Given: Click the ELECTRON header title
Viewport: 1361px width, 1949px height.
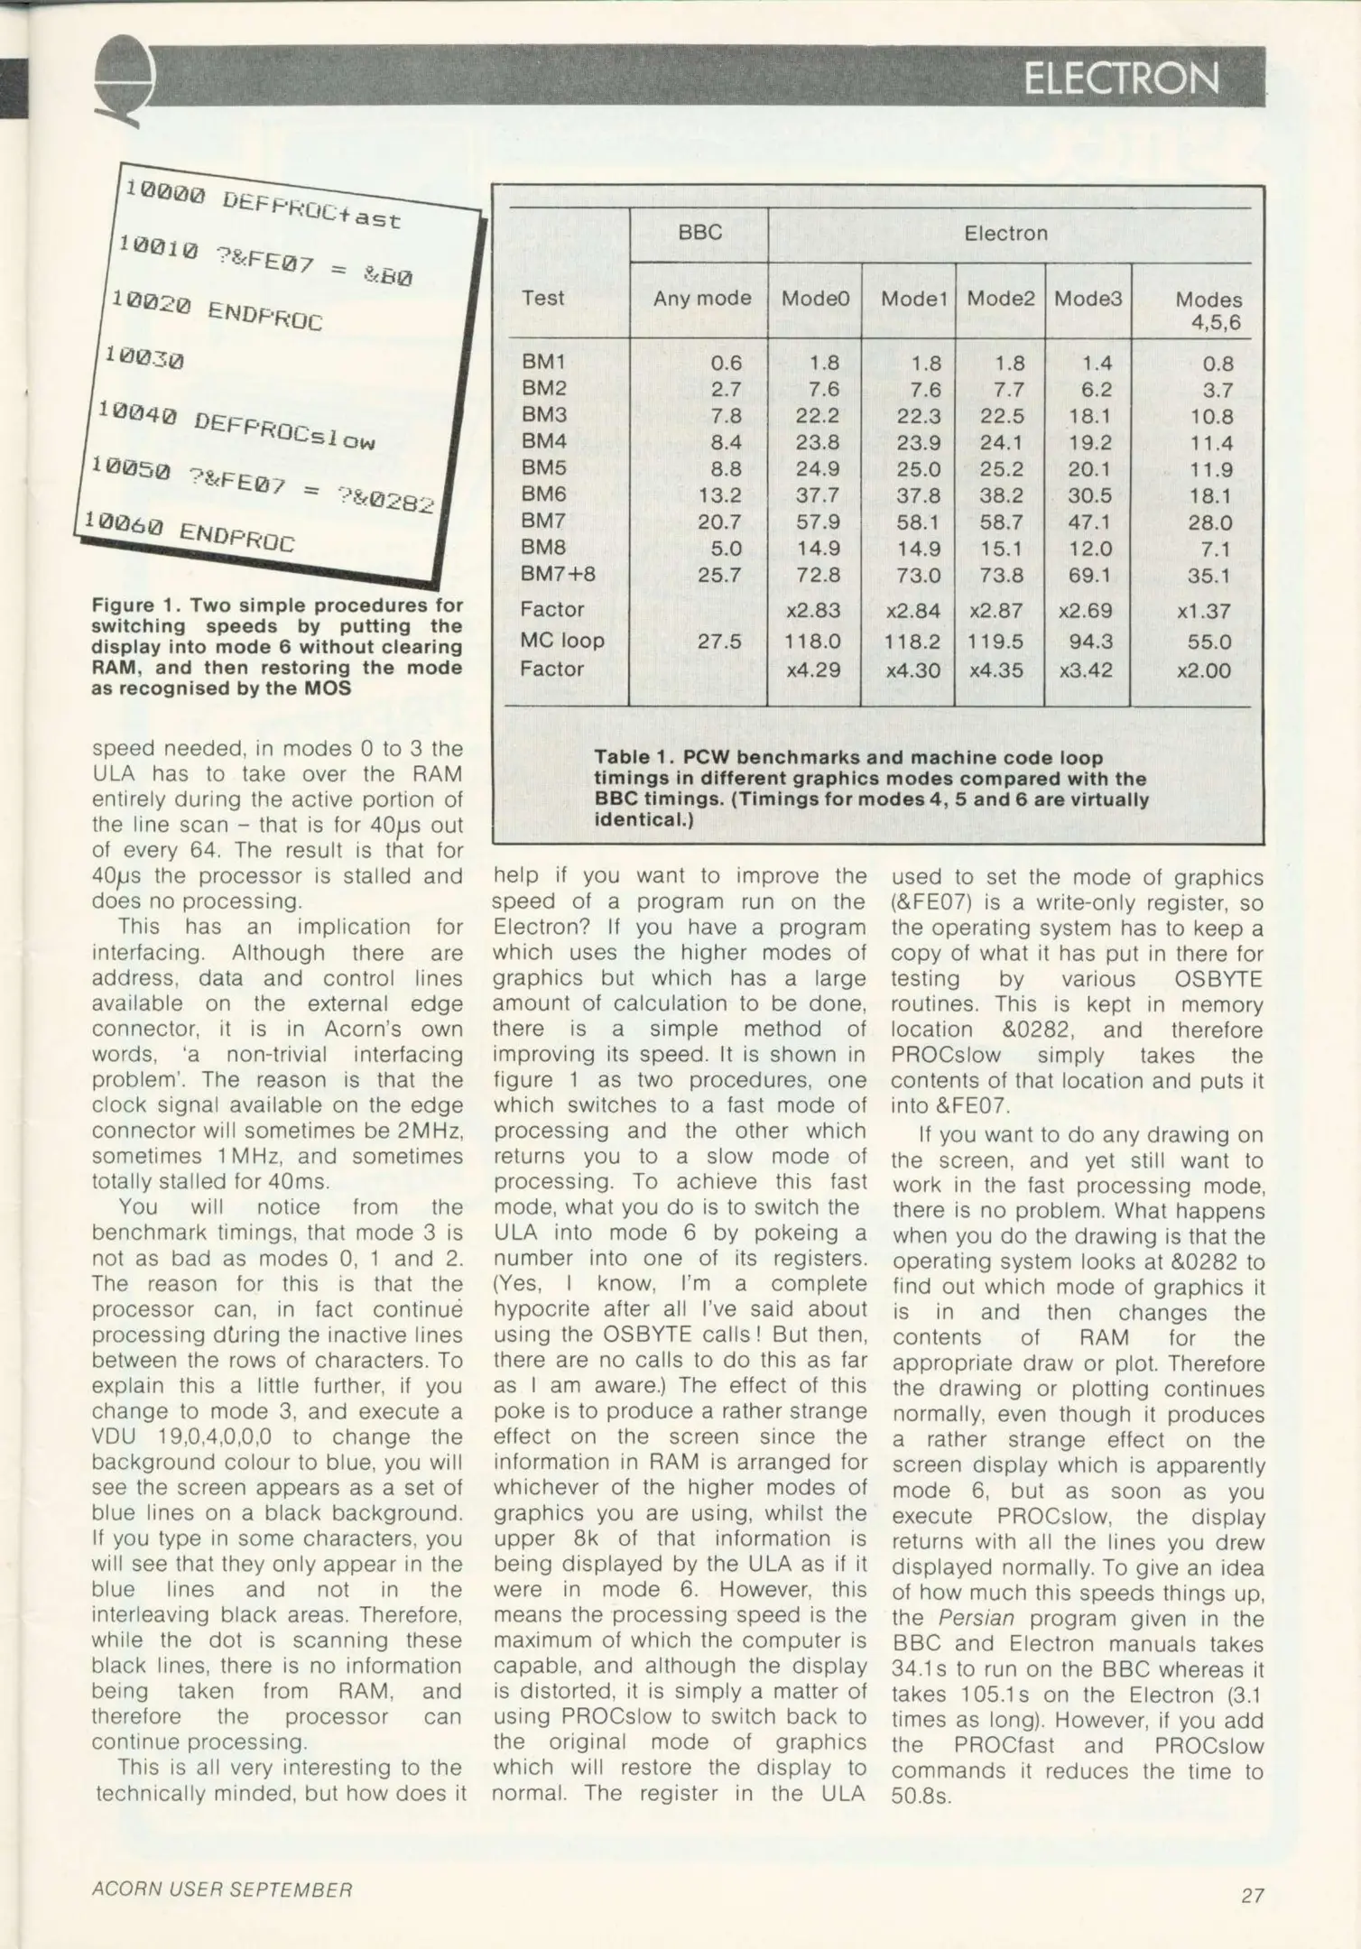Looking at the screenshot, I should tap(1121, 79).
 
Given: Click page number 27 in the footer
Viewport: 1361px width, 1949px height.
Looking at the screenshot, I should tap(1252, 1895).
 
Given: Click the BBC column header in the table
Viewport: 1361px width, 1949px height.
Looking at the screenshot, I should tap(699, 233).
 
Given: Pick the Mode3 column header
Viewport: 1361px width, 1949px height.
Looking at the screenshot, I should tap(1088, 298).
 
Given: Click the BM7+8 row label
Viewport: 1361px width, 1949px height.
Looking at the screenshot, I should tap(558, 575).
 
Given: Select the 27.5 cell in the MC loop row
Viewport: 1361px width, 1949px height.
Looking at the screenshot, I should tap(719, 641).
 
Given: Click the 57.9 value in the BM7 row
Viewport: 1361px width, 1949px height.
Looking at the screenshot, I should tap(818, 522).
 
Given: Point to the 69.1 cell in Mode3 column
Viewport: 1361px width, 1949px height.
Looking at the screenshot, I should tap(1089, 575).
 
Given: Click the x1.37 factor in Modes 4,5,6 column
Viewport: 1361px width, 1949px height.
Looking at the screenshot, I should tap(1203, 611).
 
